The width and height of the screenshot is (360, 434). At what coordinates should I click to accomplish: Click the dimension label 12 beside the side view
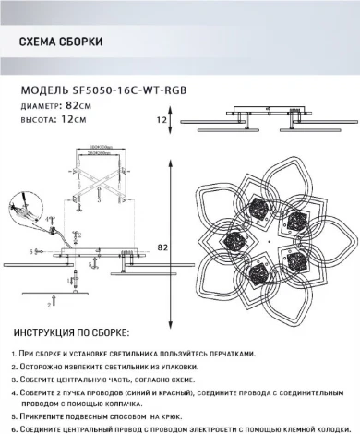161,119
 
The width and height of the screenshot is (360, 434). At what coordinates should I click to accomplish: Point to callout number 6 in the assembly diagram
30,251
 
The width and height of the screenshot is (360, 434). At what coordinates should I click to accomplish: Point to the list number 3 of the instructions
14,379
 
